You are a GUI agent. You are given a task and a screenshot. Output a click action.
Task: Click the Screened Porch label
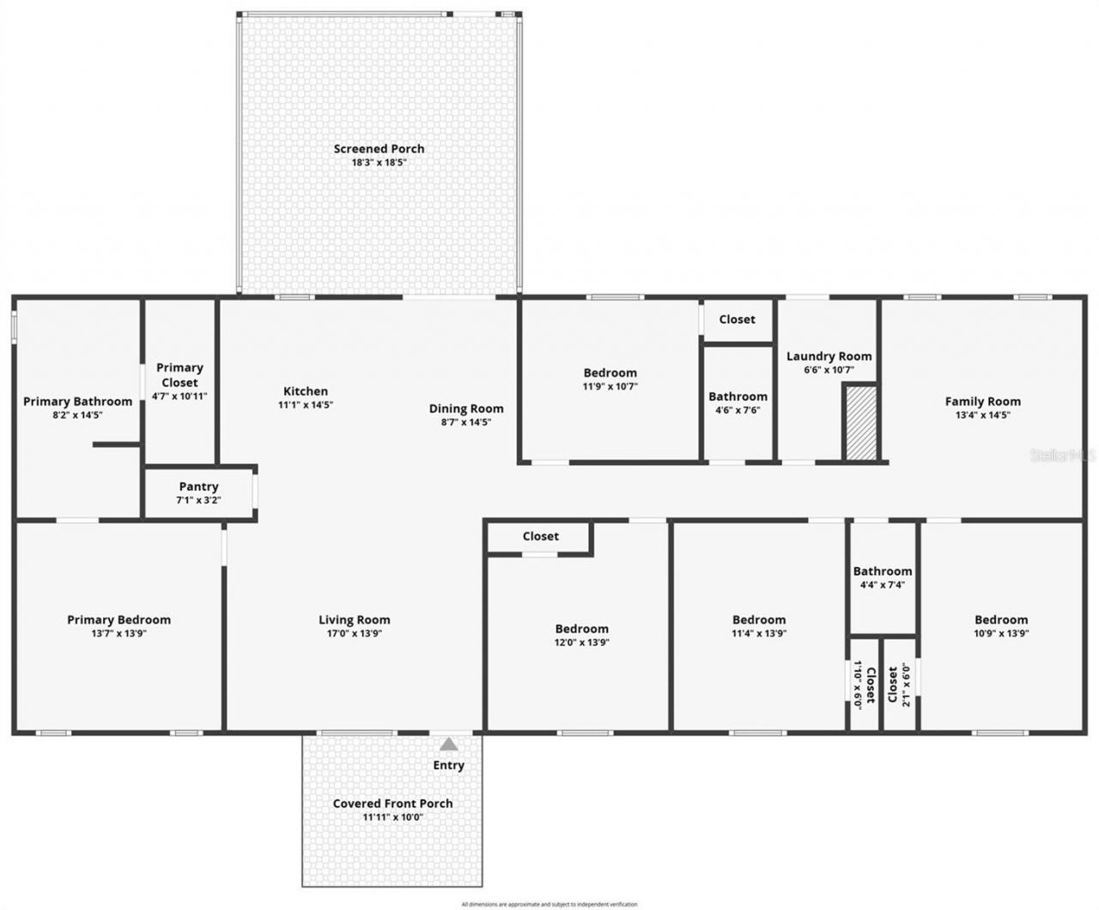click(x=379, y=149)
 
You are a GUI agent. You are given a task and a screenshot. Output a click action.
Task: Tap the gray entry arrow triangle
click(x=449, y=745)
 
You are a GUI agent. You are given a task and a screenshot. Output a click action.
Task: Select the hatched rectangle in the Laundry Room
click(x=860, y=423)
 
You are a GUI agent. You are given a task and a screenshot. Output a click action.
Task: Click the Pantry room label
click(x=198, y=486)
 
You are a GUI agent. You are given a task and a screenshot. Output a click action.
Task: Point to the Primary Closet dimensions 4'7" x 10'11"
click(x=179, y=396)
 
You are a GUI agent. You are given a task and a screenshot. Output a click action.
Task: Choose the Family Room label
click(x=982, y=401)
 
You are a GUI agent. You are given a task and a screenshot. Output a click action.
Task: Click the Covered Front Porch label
click(x=392, y=803)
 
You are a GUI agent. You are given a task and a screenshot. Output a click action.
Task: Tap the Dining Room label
click(x=466, y=409)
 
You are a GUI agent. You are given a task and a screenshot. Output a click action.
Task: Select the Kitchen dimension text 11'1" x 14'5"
click(x=306, y=405)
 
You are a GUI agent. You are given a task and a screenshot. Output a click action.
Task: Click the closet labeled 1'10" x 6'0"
click(x=864, y=684)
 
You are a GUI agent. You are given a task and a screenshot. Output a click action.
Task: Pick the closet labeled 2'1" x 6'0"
click(x=899, y=684)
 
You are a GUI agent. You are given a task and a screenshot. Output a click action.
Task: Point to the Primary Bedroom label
click(x=118, y=620)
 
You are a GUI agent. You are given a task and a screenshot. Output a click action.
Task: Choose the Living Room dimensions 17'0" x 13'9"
click(x=354, y=633)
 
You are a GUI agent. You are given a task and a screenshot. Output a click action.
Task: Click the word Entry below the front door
click(x=449, y=766)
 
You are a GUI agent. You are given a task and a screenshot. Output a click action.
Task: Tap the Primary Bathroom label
click(x=77, y=401)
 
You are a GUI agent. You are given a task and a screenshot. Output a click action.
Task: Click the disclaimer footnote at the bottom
click(x=549, y=904)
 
